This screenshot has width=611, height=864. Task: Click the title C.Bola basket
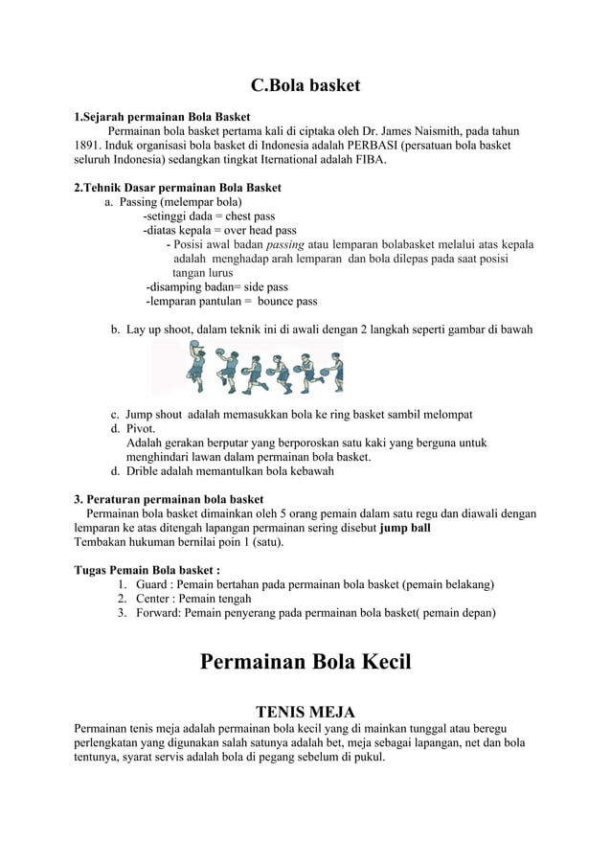coord(305,85)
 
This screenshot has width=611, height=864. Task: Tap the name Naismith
coord(417,131)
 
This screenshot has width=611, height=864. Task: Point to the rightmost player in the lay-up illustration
coord(328,372)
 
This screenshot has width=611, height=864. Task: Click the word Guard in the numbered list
coord(152,585)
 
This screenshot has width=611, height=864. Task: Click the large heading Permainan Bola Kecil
coord(305,662)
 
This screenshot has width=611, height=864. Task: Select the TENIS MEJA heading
coord(305,712)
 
